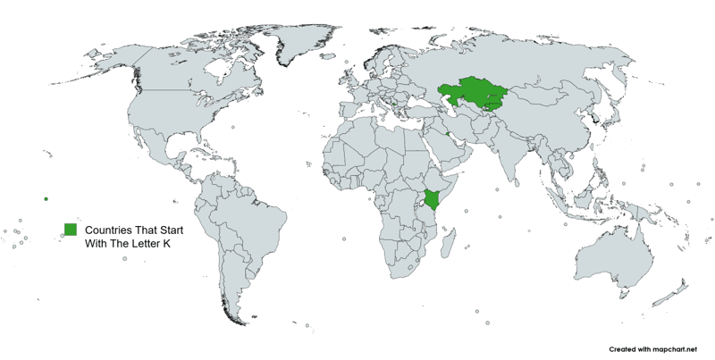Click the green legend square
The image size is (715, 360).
tap(70, 229)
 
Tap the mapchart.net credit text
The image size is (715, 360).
tap(650, 349)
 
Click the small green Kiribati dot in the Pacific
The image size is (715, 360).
tap(46, 198)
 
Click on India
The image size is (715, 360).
tap(519, 155)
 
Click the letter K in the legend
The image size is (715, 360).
tap(165, 243)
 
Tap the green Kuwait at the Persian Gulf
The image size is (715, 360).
tap(446, 135)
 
